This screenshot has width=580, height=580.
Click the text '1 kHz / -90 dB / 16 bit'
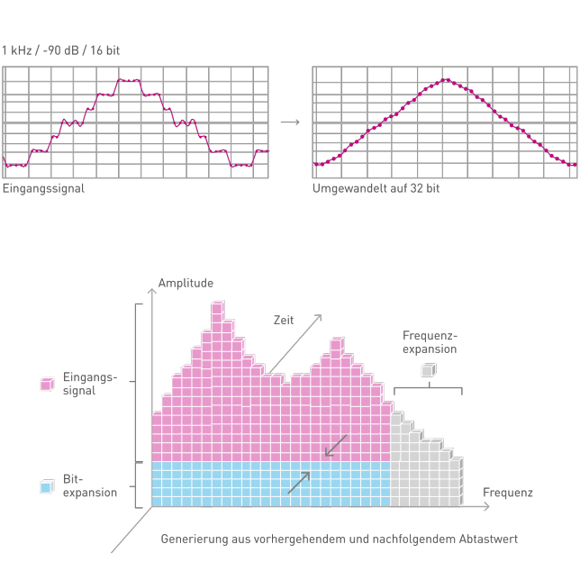click(60, 50)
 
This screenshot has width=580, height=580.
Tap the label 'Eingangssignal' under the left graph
click(43, 189)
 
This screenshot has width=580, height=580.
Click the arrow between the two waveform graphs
click(290, 122)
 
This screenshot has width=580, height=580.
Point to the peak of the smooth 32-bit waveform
click(446, 80)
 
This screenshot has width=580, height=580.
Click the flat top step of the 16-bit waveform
click(129, 80)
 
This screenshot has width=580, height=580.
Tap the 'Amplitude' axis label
click(186, 283)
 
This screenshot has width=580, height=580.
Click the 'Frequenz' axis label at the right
click(507, 493)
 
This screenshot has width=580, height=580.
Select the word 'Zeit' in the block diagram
click(284, 320)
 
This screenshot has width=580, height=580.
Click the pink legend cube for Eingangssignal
click(47, 384)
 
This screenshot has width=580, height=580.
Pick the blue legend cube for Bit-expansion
click(47, 486)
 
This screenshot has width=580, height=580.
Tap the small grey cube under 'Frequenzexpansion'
click(428, 370)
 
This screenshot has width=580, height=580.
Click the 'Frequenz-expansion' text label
click(430, 342)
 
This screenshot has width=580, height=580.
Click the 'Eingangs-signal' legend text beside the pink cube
click(89, 384)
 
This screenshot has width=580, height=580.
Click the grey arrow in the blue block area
click(299, 482)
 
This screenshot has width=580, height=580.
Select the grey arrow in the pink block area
click(335, 445)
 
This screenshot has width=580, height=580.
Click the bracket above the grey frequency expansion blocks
click(428, 389)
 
